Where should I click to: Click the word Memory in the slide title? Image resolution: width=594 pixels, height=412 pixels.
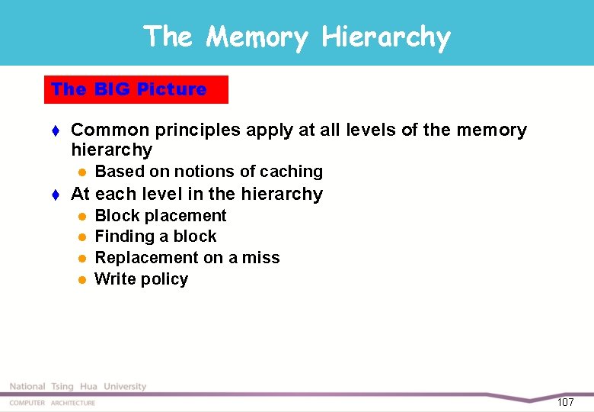257,37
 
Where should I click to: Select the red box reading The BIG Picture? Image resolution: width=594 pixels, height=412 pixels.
136,89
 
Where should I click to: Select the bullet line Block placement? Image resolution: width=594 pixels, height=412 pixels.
160,216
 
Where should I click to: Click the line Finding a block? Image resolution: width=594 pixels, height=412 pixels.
155,237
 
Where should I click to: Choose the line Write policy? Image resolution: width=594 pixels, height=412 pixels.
141,279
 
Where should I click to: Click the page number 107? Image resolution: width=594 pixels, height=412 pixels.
565,402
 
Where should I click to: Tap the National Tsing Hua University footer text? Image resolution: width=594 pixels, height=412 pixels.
78,387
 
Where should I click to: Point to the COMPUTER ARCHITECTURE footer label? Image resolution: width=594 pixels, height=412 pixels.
53,403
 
